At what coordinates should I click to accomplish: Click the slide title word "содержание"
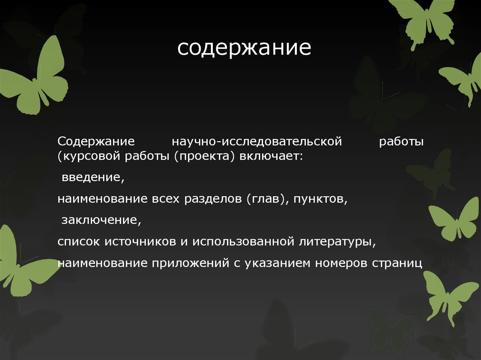244,48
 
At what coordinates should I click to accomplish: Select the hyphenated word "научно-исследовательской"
256,141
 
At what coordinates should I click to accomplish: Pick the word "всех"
165,199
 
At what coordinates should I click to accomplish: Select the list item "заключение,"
101,220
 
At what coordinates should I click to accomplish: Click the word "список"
78,242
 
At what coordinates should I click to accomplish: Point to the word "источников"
139,242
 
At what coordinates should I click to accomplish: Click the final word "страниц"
397,263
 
